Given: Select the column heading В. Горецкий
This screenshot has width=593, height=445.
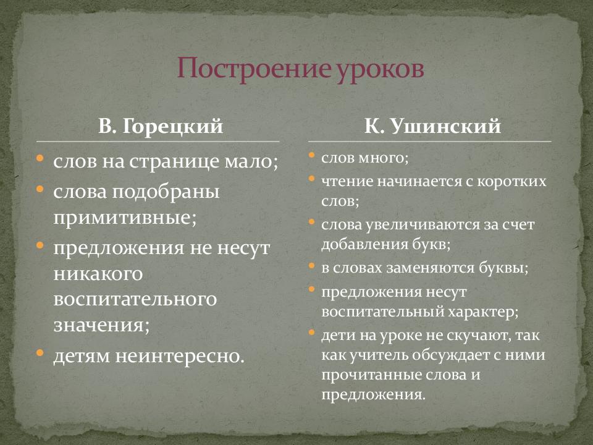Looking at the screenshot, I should pyautogui.click(x=161, y=127).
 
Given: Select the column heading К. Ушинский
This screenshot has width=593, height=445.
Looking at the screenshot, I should pyautogui.click(x=432, y=127).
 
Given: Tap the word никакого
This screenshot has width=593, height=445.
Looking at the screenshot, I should pyautogui.click(x=98, y=272).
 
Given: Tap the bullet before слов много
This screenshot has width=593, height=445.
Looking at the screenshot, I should pyautogui.click(x=311, y=156).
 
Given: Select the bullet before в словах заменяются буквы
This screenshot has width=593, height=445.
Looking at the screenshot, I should pyautogui.click(x=311, y=266).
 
